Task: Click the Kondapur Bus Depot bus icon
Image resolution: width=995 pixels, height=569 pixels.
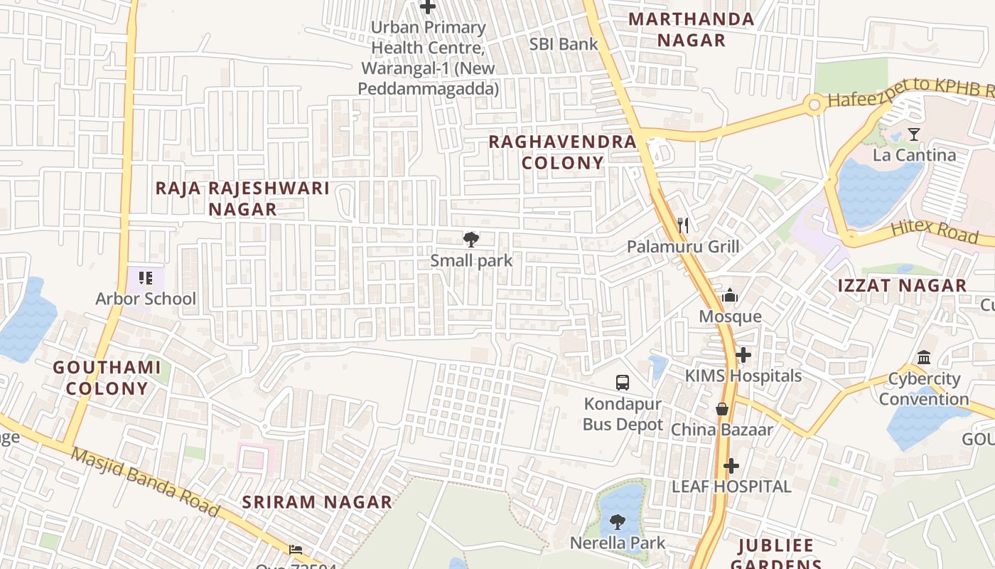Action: pyautogui.click(x=623, y=383)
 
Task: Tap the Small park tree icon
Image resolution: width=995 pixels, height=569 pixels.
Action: pyautogui.click(x=470, y=240)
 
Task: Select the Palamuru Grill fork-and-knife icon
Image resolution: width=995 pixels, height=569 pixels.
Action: pyautogui.click(x=683, y=225)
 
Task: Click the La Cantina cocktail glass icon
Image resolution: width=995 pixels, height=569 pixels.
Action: pyautogui.click(x=914, y=134)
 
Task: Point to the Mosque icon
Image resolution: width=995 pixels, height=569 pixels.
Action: pyautogui.click(x=730, y=295)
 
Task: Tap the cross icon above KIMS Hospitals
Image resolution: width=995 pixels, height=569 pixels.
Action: pyautogui.click(x=743, y=354)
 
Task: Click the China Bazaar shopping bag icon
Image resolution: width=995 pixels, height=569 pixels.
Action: pyautogui.click(x=722, y=409)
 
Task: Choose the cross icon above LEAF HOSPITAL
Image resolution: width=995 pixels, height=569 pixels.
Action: pyautogui.click(x=731, y=466)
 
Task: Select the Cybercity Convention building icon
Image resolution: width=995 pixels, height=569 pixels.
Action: pyautogui.click(x=924, y=357)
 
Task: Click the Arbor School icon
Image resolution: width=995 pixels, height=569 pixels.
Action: pyautogui.click(x=146, y=277)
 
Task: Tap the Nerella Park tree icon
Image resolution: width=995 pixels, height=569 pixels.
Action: pyautogui.click(x=618, y=522)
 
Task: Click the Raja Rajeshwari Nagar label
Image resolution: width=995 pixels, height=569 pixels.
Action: pyautogui.click(x=242, y=198)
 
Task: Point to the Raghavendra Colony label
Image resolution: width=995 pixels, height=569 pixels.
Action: pyautogui.click(x=562, y=152)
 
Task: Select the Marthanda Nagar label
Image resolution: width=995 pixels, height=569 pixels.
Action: pyautogui.click(x=692, y=29)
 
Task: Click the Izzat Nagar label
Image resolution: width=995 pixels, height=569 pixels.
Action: pyautogui.click(x=902, y=286)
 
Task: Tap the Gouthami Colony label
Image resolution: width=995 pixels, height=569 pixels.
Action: pyautogui.click(x=107, y=378)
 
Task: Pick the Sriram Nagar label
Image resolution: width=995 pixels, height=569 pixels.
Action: pyautogui.click(x=317, y=502)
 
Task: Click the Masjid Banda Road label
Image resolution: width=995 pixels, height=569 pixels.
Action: pyautogui.click(x=145, y=482)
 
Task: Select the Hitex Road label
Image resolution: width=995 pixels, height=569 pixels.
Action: pyautogui.click(x=934, y=231)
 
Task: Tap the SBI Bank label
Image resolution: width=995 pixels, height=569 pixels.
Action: pyautogui.click(x=564, y=44)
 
